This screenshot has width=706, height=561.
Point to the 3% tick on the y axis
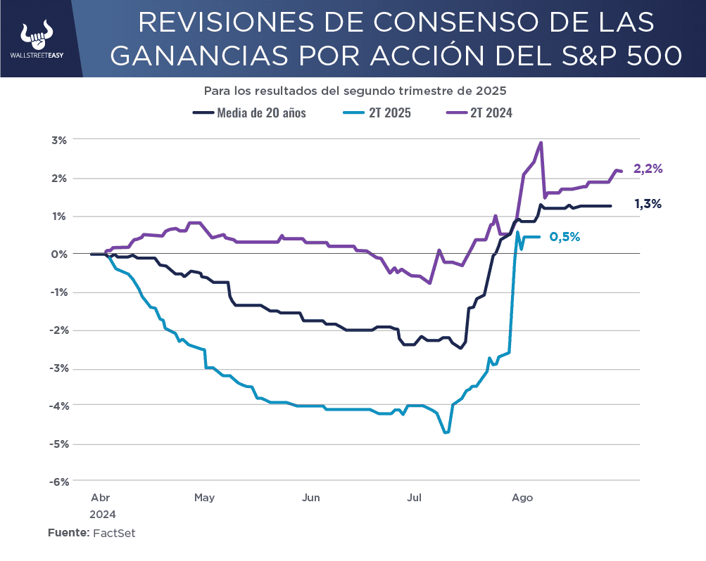(59, 140)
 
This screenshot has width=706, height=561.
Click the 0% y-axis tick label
(59, 254)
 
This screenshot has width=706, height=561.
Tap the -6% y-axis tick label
(59, 482)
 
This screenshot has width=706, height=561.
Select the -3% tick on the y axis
(59, 368)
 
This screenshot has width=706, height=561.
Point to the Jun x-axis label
(310, 498)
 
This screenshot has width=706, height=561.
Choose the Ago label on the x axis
(522, 498)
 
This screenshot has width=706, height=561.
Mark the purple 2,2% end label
(648, 169)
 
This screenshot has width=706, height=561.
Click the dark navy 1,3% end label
(648, 204)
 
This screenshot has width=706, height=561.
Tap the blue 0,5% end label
(565, 237)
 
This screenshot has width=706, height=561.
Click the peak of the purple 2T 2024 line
(541, 143)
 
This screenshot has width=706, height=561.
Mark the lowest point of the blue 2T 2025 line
(446, 432)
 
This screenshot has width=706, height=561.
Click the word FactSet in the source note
(114, 533)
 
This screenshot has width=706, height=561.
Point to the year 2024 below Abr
(103, 514)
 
